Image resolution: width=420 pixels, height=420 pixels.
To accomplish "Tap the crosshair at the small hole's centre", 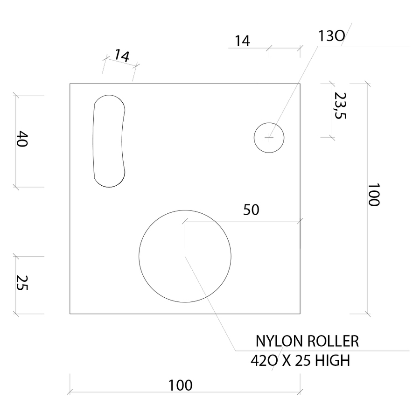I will click(269, 137).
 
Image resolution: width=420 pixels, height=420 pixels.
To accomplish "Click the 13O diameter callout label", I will click(331, 36).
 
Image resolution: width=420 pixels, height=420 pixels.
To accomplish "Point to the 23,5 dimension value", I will click(340, 105).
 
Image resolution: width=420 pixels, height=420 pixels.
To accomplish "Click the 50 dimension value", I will click(251, 210).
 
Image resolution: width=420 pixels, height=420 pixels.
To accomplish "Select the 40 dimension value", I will click(22, 140).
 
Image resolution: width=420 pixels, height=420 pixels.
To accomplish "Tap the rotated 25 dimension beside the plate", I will click(22, 282).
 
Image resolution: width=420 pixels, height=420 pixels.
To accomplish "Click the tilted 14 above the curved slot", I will click(121, 56).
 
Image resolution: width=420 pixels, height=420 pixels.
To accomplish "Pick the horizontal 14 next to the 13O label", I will click(242, 42).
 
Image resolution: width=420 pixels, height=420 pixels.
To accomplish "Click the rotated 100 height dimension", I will click(374, 195).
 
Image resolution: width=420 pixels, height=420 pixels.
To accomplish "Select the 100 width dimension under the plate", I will click(181, 386).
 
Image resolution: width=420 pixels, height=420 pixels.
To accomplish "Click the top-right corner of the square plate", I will click(300, 84).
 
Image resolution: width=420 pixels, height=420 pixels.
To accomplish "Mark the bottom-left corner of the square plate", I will click(70, 314).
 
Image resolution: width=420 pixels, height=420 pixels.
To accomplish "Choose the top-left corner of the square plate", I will click(70, 84).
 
